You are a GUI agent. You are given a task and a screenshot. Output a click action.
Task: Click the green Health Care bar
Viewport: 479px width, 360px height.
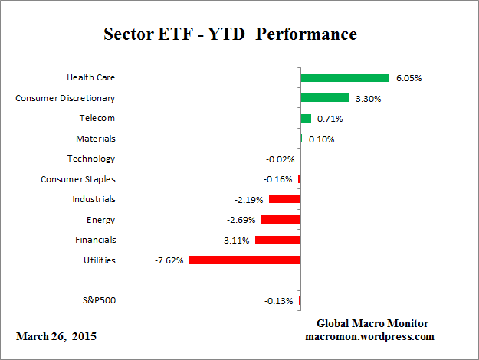(x=345, y=77)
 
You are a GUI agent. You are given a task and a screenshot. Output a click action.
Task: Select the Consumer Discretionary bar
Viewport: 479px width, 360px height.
(x=325, y=98)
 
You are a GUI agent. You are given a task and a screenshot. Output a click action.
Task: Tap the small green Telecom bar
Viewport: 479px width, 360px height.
(x=306, y=118)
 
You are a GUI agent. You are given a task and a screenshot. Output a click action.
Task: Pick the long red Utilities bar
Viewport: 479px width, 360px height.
(x=244, y=260)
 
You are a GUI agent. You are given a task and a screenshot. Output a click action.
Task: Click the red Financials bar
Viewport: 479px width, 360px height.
(x=277, y=240)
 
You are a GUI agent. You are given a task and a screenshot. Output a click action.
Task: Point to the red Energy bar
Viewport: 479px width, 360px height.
(x=281, y=220)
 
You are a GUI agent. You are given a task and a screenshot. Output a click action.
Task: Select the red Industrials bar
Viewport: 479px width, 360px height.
(x=284, y=199)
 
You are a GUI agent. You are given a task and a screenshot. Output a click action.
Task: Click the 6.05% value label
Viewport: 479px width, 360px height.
(x=408, y=78)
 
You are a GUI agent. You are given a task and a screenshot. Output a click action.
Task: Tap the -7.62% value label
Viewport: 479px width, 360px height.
(x=169, y=260)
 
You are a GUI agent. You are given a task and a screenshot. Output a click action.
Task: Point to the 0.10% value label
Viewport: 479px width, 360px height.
(x=321, y=139)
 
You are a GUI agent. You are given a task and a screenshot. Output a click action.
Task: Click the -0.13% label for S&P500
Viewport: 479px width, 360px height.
(x=278, y=301)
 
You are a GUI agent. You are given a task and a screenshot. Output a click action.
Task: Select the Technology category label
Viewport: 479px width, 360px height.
(x=91, y=159)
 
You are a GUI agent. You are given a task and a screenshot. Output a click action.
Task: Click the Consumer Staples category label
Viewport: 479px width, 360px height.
(x=78, y=179)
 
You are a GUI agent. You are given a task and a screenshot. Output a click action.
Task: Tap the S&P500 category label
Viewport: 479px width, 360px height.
(x=98, y=300)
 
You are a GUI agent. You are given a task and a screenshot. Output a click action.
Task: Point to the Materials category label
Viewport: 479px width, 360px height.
(x=96, y=139)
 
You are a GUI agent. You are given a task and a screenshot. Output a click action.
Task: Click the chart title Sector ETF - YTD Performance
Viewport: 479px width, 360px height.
(x=230, y=34)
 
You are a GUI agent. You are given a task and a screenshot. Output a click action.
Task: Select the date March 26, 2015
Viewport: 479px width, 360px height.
(x=57, y=336)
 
